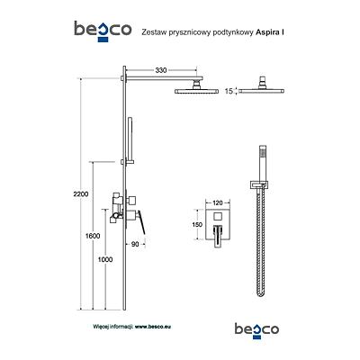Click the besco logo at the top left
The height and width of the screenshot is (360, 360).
tap(103, 31)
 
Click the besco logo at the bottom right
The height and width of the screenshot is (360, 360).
tap(256, 330)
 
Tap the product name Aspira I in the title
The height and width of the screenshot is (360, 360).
tap(270, 32)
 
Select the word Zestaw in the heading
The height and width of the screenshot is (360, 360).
tap(152, 32)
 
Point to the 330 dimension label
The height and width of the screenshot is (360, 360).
tap(161, 70)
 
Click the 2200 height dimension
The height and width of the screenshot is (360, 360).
tap(81, 194)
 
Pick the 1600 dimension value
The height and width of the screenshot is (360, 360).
tap(93, 236)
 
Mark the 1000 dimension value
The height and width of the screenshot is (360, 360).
tap(105, 259)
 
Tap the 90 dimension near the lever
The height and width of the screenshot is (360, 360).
tap(135, 245)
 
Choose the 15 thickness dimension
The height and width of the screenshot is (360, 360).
tap(229, 91)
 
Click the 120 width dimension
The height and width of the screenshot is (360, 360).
tap(218, 202)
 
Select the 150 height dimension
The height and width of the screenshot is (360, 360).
tap(199, 225)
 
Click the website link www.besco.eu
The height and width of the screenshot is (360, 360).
tap(153, 327)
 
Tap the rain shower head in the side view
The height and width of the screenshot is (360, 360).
tap(196, 91)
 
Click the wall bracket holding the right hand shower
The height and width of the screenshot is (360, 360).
tap(258, 185)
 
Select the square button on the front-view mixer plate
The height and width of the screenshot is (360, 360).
tap(217, 216)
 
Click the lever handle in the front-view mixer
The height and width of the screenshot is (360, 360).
tap(218, 237)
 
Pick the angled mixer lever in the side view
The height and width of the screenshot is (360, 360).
tap(141, 222)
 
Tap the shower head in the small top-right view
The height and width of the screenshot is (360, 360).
tap(262, 90)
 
